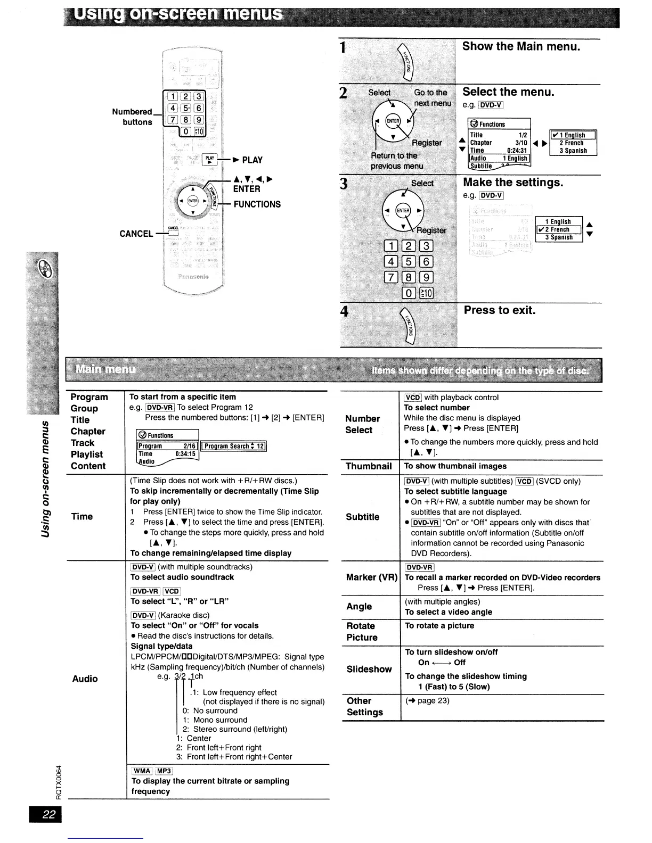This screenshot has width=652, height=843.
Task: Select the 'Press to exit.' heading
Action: pyautogui.click(x=499, y=310)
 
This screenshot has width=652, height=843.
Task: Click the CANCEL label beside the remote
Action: pyautogui.click(x=136, y=234)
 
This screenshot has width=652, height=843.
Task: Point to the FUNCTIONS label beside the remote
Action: pyautogui.click(x=257, y=204)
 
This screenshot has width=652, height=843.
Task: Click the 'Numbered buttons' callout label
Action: pyautogui.click(x=132, y=117)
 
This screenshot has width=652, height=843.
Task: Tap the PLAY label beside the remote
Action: pyautogui.click(x=252, y=160)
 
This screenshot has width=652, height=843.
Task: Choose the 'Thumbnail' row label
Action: pyautogui.click(x=369, y=466)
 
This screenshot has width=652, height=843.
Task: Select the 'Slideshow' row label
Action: pyautogui.click(x=369, y=669)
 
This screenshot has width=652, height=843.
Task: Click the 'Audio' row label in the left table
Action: pyautogui.click(x=85, y=679)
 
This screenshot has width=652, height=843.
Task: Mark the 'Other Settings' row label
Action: pyautogui.click(x=365, y=707)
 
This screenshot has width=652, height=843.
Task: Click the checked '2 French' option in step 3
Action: pyautogui.click(x=559, y=230)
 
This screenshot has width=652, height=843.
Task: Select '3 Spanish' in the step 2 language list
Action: pyautogui.click(x=573, y=151)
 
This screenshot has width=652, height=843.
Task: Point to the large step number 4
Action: pyautogui.click(x=345, y=312)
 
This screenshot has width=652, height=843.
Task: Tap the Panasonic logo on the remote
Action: pyautogui.click(x=193, y=276)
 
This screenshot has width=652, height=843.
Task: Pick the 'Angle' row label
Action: pyautogui.click(x=359, y=606)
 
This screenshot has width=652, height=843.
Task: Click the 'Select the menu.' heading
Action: pyautogui.click(x=508, y=92)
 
